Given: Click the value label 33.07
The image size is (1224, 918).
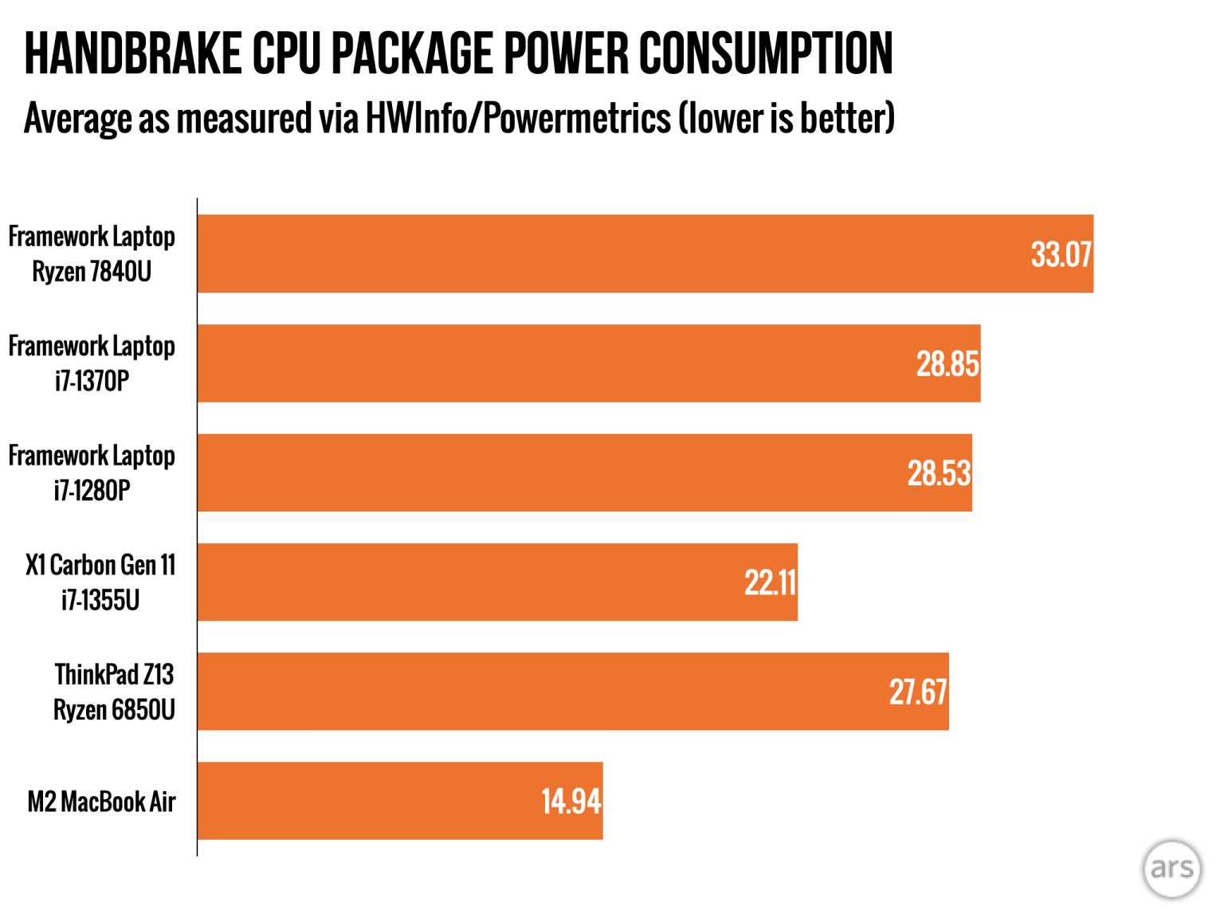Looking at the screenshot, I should pos(1061,255).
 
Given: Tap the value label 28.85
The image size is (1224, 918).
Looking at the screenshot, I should pos(947,364).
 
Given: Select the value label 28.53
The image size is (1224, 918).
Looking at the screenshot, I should pos(939,473).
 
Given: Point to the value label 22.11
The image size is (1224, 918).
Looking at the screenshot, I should pos(770,583).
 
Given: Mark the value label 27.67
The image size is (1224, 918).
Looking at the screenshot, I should pos(918,692).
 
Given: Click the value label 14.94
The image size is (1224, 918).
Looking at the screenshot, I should pos(571,802).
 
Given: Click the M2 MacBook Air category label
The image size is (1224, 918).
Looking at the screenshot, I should pos(101,802).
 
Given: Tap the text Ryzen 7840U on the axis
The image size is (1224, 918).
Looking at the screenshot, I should pos(92,272).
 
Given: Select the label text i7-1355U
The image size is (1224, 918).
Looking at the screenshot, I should pos(100,600).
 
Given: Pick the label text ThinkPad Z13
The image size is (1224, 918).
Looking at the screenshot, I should pos(114,675).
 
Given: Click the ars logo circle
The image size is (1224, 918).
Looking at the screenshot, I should pos(1171,869).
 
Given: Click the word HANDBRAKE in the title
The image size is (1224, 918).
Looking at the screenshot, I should pos(132,54).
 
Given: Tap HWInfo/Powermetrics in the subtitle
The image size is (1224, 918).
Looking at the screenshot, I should pos(518,119).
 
